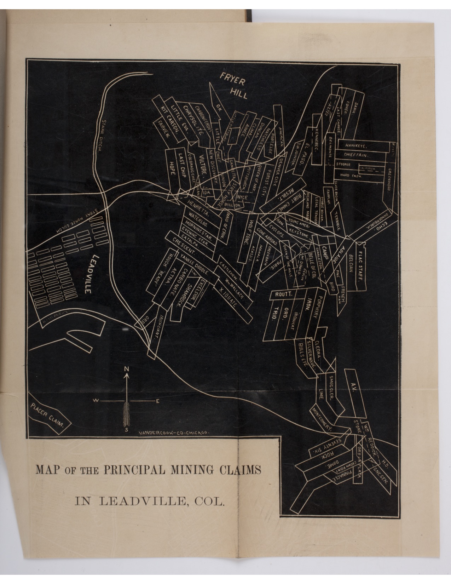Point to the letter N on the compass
126,369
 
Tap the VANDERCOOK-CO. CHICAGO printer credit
175,433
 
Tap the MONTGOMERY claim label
322,418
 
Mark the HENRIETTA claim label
200,209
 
